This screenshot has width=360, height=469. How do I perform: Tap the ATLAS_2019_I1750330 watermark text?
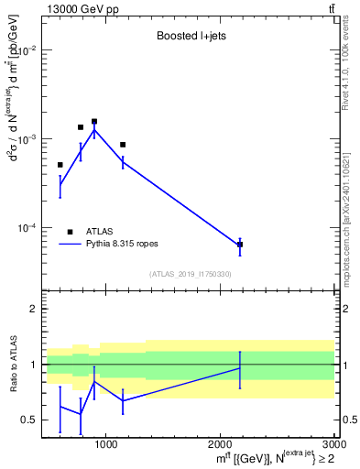click(191, 274)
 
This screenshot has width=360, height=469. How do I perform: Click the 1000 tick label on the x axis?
click(106, 445)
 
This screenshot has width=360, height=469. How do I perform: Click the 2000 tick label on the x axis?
click(219, 445)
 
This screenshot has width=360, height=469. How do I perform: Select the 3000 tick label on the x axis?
click(330, 445)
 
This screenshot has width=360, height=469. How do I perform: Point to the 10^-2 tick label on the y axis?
click(26, 50)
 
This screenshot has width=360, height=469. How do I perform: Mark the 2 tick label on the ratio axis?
click(34, 310)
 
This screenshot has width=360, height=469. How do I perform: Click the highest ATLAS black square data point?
click(94, 121)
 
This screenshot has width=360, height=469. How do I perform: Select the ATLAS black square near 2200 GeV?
click(240, 245)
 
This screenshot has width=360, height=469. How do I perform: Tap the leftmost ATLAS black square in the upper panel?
click(60, 165)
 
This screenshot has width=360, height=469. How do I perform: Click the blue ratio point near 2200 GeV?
click(240, 368)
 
